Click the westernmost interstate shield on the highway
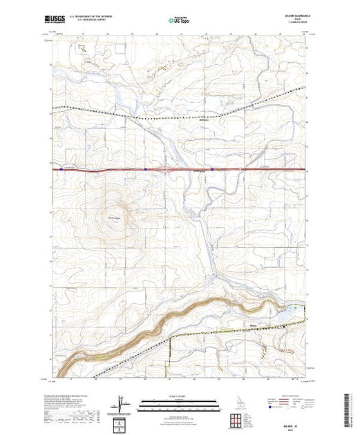[61, 168]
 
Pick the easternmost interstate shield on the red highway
[211, 168]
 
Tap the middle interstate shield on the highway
[146, 168]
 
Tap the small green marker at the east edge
[298, 306]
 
